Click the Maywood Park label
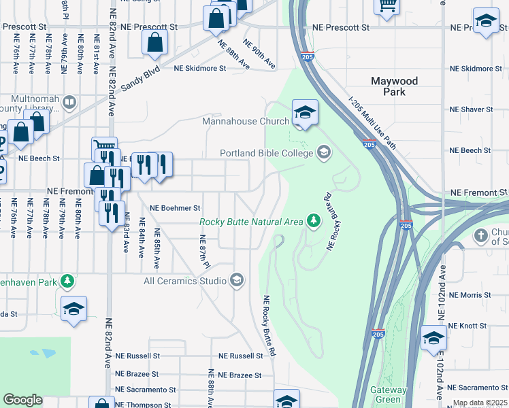(394, 86)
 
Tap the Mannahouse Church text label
(246, 122)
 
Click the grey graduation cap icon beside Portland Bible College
(323, 152)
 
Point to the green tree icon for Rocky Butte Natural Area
(313, 221)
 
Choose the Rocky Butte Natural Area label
(250, 222)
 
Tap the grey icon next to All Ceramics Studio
(236, 280)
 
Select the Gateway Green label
(388, 394)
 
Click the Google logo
(23, 400)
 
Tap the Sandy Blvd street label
(141, 78)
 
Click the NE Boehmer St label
(175, 208)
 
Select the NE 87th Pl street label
(202, 250)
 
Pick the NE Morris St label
(470, 295)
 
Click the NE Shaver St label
(471, 109)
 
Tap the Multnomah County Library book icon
(69, 103)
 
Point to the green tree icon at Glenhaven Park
(67, 280)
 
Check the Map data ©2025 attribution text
(480, 403)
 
